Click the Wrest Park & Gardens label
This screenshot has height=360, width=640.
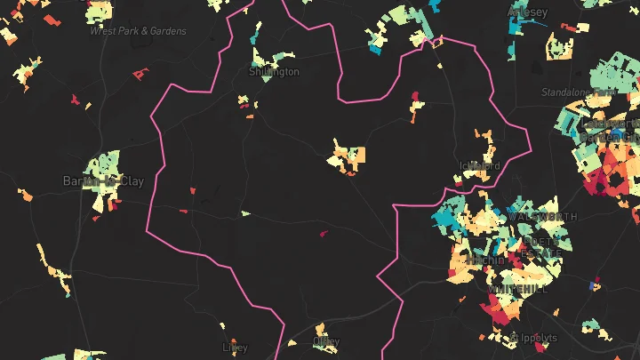pos(138,31)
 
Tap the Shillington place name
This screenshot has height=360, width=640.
pos(274,72)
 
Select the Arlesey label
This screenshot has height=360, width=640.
pos(528,12)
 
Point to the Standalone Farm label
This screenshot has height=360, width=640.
pos(580,92)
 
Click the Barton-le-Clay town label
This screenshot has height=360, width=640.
pos(103,181)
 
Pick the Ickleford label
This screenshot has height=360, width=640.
pos(481,165)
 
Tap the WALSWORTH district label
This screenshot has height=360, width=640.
pos(541,217)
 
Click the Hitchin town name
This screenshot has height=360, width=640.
pos(488,260)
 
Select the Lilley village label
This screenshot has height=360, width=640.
pos(235,348)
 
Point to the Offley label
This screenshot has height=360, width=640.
pos(326,341)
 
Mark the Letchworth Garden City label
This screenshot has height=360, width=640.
pos(613,133)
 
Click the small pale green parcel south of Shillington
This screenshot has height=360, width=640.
pos(245,213)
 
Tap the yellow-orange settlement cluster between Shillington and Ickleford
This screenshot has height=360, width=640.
pos(347,155)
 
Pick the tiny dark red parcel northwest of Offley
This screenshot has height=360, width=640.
pos(323,235)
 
